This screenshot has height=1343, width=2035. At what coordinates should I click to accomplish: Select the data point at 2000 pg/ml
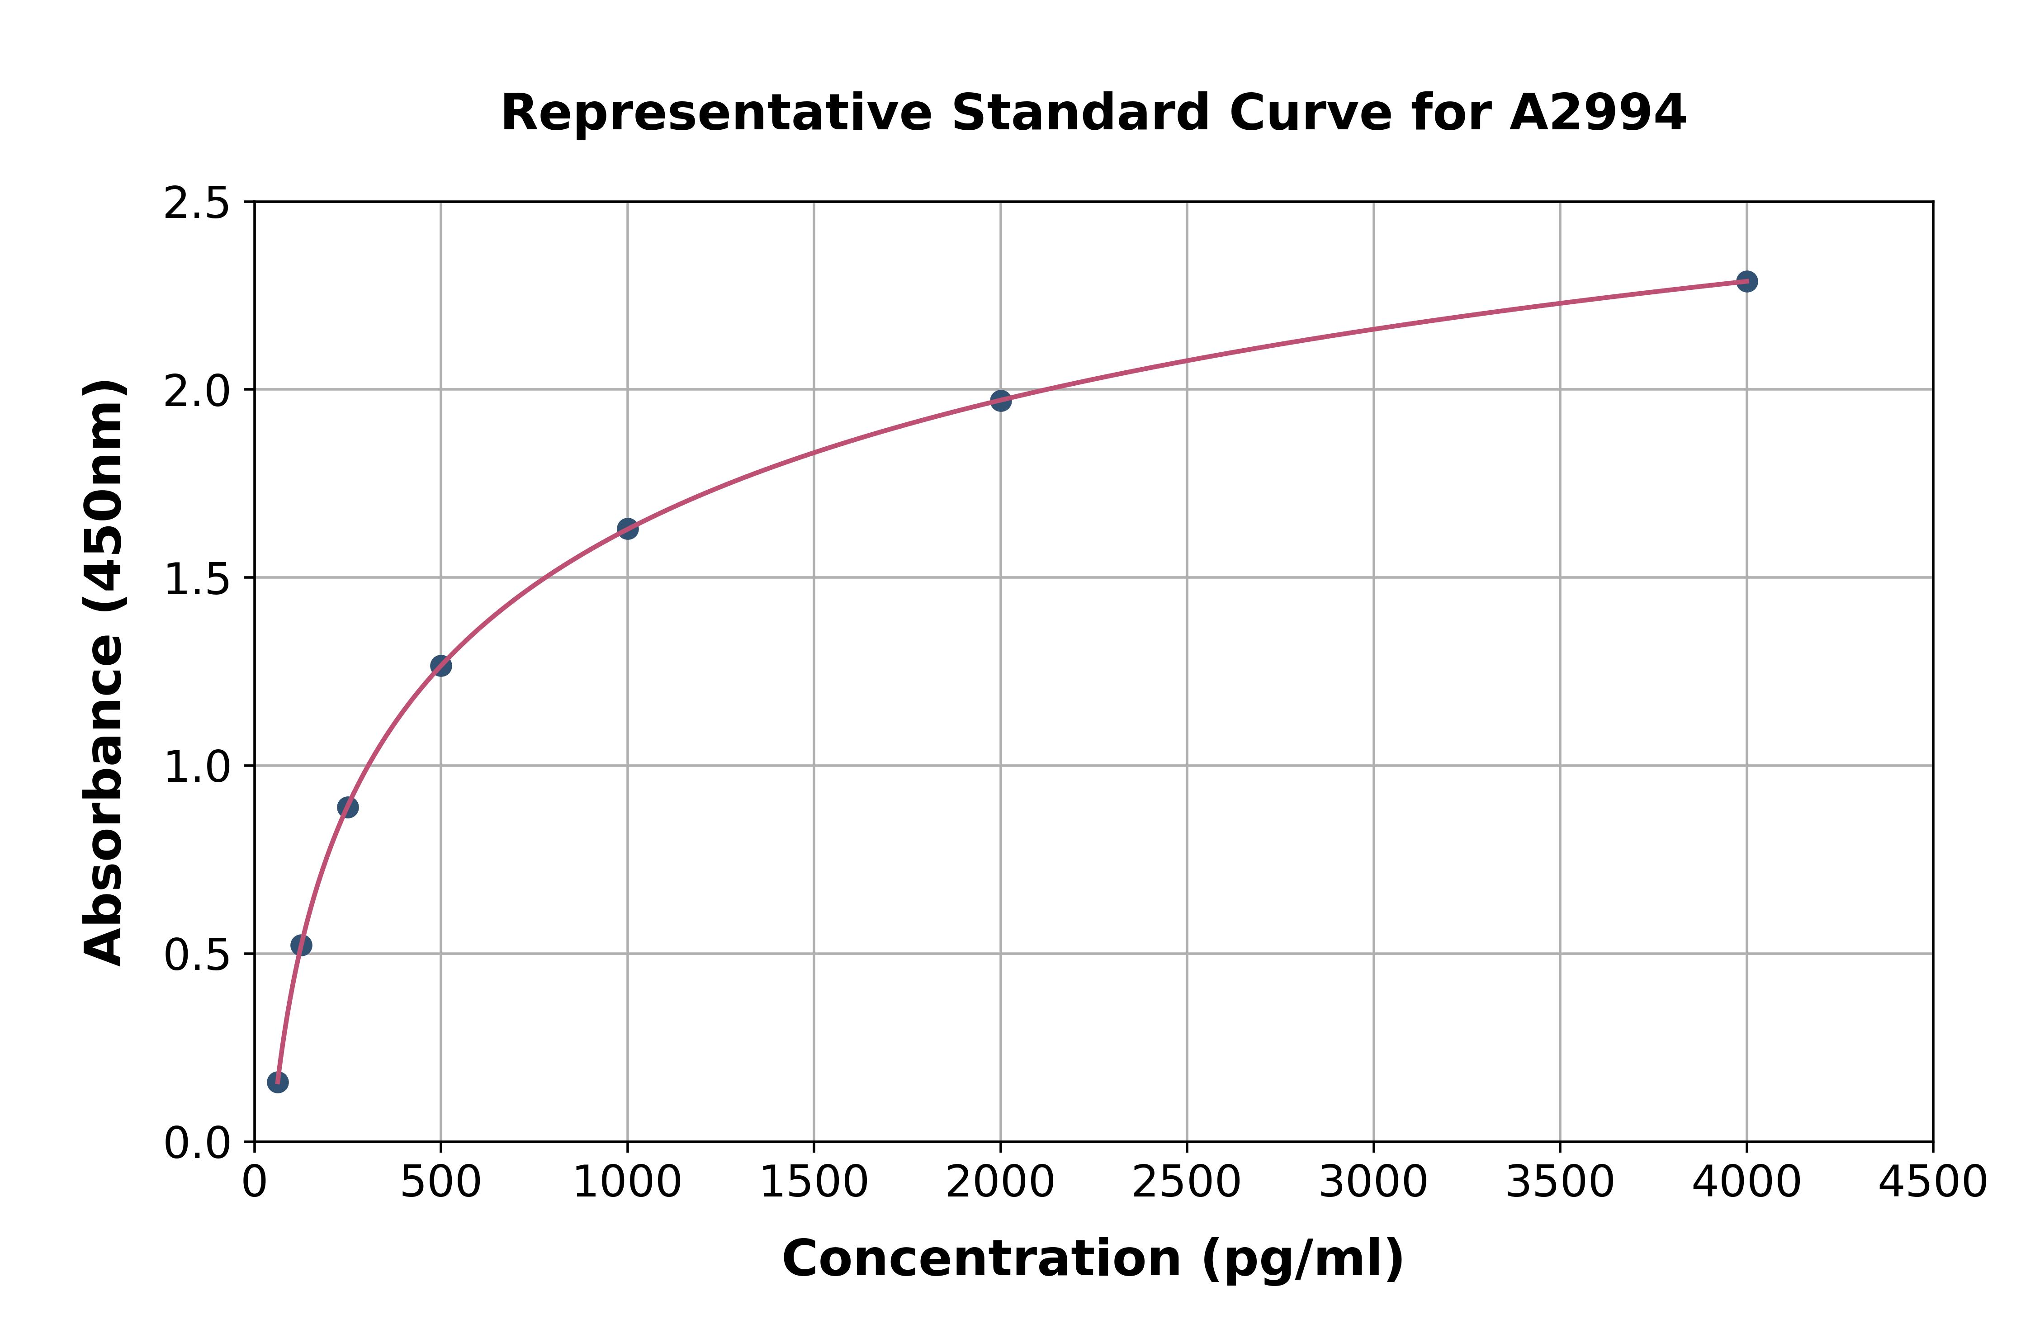coord(1000,400)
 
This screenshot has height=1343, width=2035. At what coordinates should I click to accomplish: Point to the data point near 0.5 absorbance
coord(301,946)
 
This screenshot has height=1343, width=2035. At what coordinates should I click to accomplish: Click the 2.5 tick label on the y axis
coord(197,204)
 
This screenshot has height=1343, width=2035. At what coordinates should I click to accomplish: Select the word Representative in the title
coord(716,113)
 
